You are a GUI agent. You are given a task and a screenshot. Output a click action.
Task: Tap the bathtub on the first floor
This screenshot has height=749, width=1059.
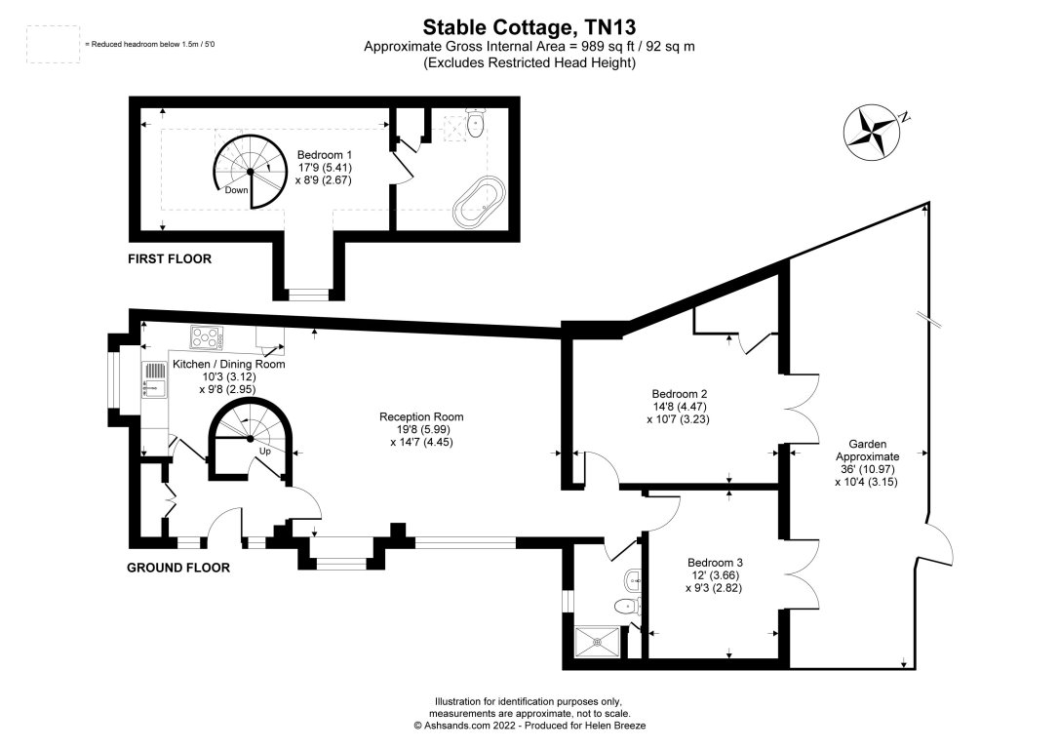click(478, 202)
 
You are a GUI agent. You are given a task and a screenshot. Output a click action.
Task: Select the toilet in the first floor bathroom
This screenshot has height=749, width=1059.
click(475, 124)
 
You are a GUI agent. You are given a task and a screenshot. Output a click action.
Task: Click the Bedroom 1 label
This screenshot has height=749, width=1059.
click(325, 154)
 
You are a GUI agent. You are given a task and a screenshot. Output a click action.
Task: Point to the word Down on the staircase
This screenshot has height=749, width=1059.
click(236, 190)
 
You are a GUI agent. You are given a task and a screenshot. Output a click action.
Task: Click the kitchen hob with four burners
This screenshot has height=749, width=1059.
click(208, 337)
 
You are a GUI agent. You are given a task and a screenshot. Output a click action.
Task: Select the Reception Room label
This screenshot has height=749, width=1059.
click(421, 416)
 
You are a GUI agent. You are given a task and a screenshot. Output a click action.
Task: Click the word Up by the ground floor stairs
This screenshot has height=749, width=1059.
click(264, 452)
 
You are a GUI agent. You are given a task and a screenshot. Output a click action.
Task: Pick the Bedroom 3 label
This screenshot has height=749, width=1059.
click(715, 563)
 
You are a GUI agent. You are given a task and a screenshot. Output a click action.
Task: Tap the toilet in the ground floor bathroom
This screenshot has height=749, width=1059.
click(627, 607)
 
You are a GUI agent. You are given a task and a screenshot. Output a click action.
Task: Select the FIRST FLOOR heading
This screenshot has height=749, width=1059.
click(170, 259)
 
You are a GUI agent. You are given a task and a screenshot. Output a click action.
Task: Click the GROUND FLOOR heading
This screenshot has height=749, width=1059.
click(178, 568)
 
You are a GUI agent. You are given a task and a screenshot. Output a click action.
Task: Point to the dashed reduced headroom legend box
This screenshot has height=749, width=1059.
click(54, 45)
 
